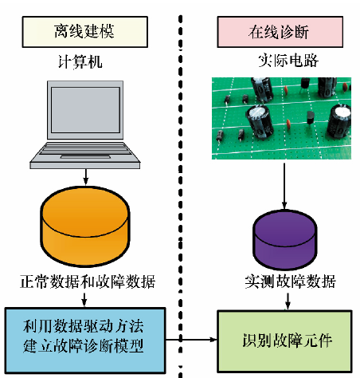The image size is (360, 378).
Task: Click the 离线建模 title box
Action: click(85, 32)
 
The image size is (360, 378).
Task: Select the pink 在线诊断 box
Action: click(280, 32)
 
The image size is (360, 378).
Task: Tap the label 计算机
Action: click(80, 61)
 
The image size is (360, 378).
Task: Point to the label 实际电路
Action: click(288, 61)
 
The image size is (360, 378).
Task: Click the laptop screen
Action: click(85, 110)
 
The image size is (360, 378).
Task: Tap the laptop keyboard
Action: click(85, 152)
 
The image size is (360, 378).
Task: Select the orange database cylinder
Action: click(85, 226)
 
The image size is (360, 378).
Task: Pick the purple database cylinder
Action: click(284, 239)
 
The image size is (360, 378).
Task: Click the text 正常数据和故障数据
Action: click(88, 282)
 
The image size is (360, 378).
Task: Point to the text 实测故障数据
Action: click(290, 282)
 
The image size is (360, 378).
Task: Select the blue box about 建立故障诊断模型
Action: click(85, 341)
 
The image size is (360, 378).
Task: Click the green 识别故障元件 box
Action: click(284, 341)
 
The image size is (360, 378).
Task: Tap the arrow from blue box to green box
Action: click(191, 340)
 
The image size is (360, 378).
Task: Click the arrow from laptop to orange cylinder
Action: click(85, 177)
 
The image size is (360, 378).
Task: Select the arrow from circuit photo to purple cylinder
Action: click(284, 186)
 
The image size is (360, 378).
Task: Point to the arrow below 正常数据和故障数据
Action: click(84, 300)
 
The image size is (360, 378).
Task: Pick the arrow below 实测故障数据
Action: click(288, 301)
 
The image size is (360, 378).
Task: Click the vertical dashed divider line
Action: click(181, 197)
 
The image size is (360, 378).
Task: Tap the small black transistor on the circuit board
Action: click(310, 117)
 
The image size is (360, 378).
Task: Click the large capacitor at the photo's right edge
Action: click(339, 121)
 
